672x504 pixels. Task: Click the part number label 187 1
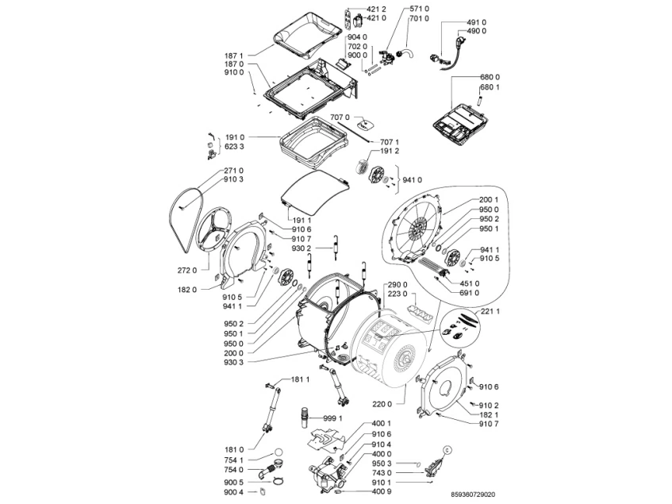coord(234,56)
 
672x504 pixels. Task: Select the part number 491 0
coord(476,22)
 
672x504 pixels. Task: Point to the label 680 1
coord(490,86)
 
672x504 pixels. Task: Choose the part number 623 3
coord(235,146)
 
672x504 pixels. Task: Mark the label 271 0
coord(233,171)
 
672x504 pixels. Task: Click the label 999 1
coord(332,417)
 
